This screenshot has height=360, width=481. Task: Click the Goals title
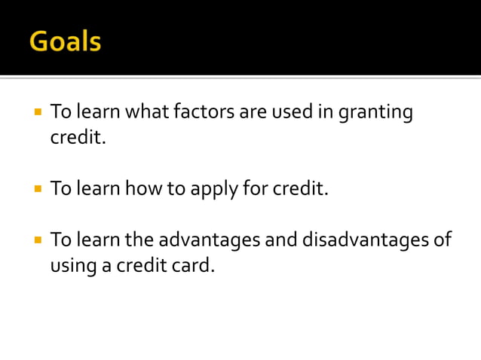tap(65, 41)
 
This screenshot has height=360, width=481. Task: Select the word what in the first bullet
tap(148, 112)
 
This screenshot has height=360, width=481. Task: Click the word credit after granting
tap(76, 138)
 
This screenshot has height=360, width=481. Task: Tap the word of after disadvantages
tap(441, 239)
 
